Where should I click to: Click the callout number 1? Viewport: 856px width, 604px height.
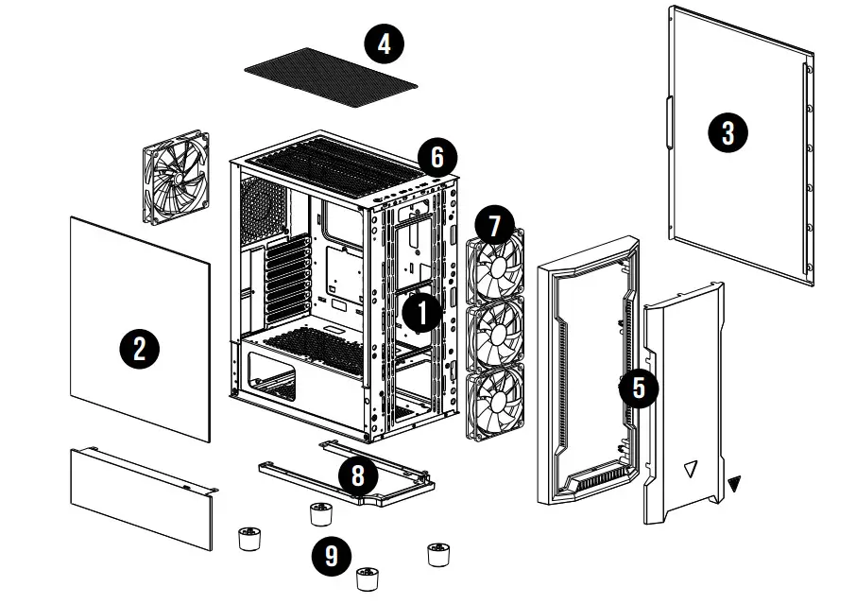coord(421,313)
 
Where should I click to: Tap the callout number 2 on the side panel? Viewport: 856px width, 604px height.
coord(139,349)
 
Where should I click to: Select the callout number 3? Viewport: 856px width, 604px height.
coord(728,132)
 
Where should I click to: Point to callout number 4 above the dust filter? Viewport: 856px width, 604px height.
coord(384,43)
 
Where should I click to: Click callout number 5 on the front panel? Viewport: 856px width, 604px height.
coord(639,387)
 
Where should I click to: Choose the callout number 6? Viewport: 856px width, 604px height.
coord(437,157)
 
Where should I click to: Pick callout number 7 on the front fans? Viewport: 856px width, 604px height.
coord(495,226)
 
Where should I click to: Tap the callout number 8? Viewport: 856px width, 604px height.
coord(357,475)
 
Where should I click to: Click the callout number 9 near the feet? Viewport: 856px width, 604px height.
coord(332,556)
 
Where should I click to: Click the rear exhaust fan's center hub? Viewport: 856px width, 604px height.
coord(175,177)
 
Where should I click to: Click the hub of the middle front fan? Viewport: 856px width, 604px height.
coord(497,334)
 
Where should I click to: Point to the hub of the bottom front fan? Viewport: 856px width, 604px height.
coord(497,404)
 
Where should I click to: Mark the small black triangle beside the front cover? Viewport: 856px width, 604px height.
coord(735,484)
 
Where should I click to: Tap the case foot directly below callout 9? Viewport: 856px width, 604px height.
coord(367,578)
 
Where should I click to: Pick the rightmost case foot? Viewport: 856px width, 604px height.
coord(437,554)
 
